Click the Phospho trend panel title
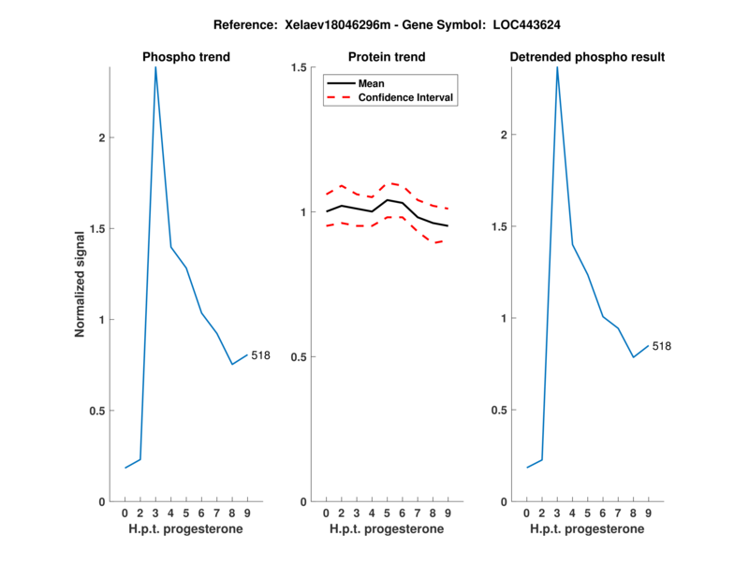[x=185, y=57]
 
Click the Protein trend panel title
[x=386, y=57]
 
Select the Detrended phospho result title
[x=587, y=57]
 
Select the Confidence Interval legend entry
[x=406, y=97]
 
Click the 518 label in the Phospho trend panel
[x=260, y=354]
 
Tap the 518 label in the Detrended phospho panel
[x=662, y=346]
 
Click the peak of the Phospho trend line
[x=155, y=67]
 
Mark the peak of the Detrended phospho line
[x=557, y=67]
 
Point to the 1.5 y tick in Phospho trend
[x=95, y=228]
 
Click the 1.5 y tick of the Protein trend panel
[x=299, y=67]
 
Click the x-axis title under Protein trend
[x=386, y=529]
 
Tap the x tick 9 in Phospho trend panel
[x=247, y=513]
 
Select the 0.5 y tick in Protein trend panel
[x=299, y=357]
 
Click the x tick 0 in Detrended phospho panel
[x=527, y=513]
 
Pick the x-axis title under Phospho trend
[x=185, y=529]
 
